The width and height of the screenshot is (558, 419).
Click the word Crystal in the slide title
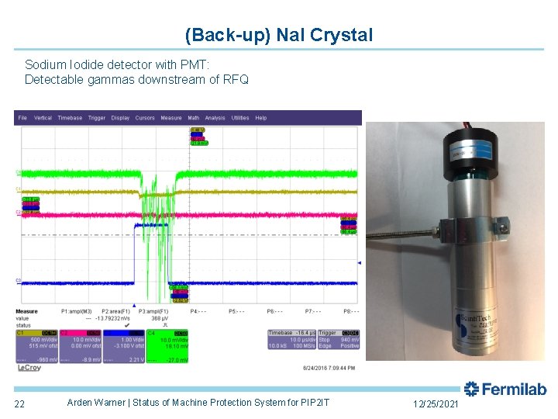341,35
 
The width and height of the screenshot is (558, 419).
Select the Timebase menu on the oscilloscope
70,118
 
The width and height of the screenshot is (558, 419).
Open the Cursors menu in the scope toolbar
145,118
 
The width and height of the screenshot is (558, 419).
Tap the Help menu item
260,118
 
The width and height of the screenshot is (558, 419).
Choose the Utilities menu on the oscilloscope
240,118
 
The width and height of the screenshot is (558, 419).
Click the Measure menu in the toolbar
171,118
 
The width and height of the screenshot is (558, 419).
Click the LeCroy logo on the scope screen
31,368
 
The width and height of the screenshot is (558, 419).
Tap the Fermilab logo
505,389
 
